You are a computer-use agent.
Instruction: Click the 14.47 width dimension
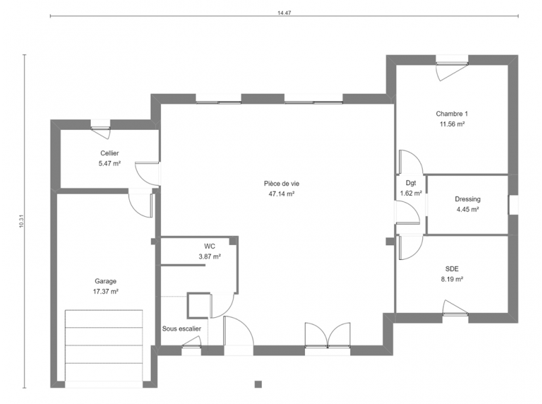pyautogui.click(x=284, y=13)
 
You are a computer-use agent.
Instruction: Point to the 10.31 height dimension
pyautogui.click(x=21, y=221)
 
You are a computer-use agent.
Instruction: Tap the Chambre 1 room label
pyautogui.click(x=452, y=114)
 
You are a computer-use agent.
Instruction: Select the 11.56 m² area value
pyautogui.click(x=452, y=124)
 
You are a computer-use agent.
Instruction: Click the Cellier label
pyautogui.click(x=110, y=153)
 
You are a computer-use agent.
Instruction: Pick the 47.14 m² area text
pyautogui.click(x=281, y=194)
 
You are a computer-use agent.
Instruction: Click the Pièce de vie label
pyautogui.click(x=281, y=184)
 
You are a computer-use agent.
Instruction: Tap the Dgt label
pyautogui.click(x=411, y=183)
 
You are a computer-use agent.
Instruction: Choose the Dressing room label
pyautogui.click(x=467, y=199)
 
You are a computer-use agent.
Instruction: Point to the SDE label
pyautogui.click(x=452, y=269)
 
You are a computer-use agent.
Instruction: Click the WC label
pyautogui.click(x=209, y=246)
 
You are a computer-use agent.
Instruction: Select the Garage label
pyautogui.click(x=106, y=281)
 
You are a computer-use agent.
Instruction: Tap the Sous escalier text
pyautogui.click(x=182, y=329)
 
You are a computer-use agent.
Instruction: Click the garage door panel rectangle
pyautogui.click(x=104, y=345)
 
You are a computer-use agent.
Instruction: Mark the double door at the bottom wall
pyautogui.click(x=327, y=336)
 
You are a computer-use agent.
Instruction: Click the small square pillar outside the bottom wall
pyautogui.click(x=258, y=384)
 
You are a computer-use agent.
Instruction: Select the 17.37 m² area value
pyautogui.click(x=106, y=292)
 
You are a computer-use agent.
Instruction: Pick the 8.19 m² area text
pyautogui.click(x=452, y=279)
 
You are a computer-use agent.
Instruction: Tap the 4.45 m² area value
pyautogui.click(x=467, y=209)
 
